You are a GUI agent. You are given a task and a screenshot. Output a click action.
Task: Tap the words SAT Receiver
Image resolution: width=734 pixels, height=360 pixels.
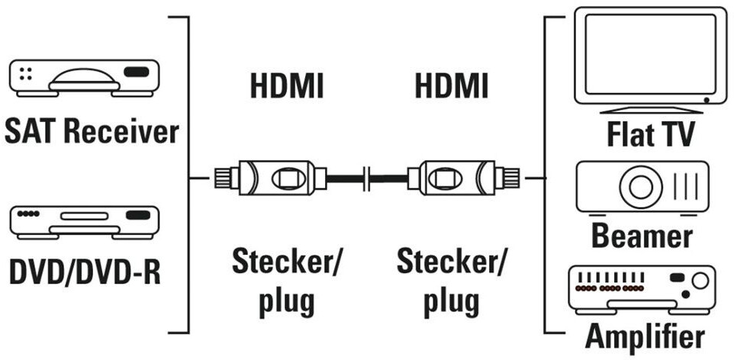click(91, 131)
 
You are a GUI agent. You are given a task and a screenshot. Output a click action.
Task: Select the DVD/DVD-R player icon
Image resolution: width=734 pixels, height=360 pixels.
click(84, 221)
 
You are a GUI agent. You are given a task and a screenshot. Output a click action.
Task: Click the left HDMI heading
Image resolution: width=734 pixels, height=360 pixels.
click(287, 87)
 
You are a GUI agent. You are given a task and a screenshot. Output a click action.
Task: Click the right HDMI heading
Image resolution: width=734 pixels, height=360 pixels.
click(451, 87)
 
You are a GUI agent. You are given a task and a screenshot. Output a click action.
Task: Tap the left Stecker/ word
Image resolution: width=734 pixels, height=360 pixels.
click(287, 263)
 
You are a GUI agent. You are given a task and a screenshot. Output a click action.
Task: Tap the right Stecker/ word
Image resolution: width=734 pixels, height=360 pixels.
click(451, 263)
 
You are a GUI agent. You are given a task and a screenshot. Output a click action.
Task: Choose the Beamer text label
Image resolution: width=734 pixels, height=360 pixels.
click(643, 236)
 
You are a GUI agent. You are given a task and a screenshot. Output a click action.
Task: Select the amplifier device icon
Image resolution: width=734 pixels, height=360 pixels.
click(642, 288)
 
